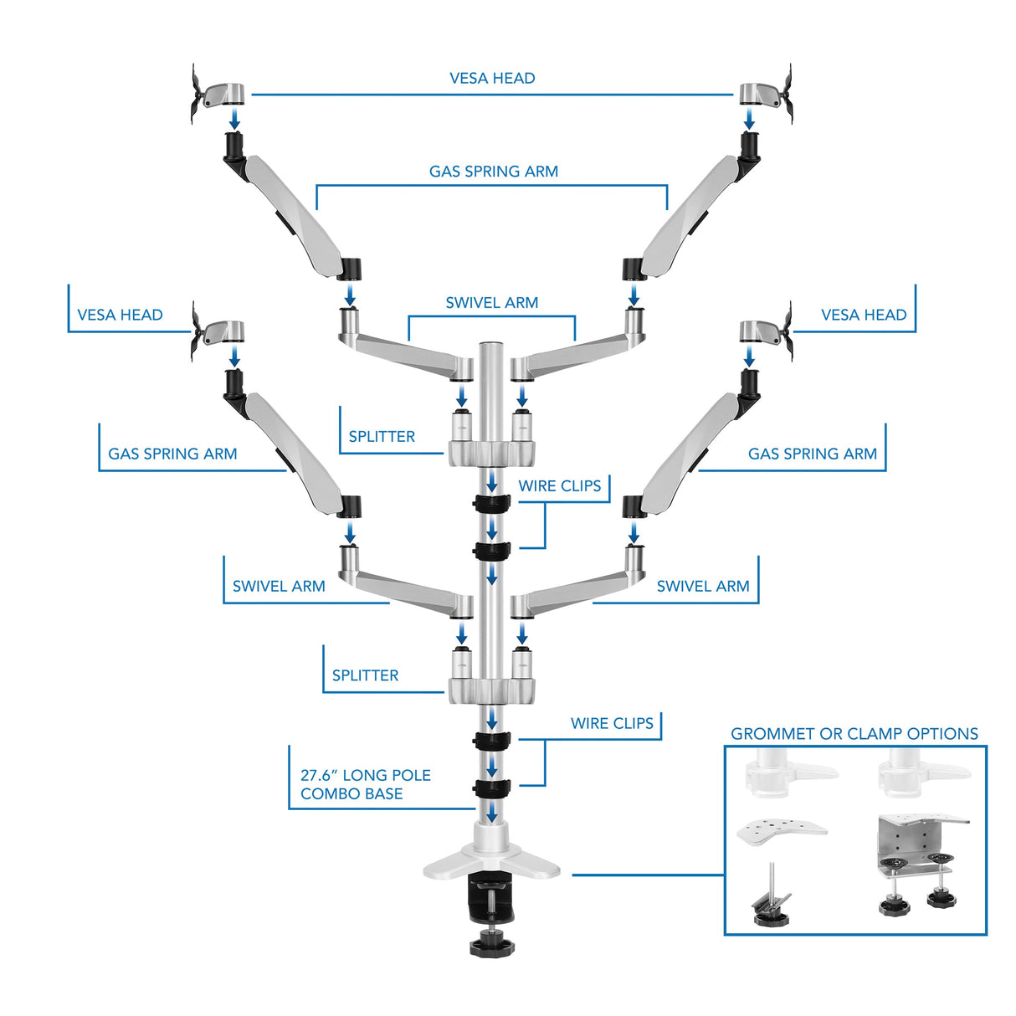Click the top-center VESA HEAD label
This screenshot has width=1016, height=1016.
point(492,79)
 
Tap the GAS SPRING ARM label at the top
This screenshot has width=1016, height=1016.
point(493,172)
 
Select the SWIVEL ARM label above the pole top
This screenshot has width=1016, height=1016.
point(491,303)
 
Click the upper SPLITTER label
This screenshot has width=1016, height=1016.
point(382,437)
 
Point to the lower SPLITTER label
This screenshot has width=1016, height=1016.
point(365,675)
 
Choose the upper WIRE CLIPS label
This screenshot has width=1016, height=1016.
point(559,486)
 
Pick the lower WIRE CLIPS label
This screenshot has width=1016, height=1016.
point(612,724)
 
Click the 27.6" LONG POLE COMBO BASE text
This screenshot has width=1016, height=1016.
point(365,785)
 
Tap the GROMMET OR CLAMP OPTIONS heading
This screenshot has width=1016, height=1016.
point(854,734)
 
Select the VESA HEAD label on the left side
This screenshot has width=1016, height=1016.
point(120,316)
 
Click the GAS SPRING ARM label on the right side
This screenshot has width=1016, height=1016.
point(812,454)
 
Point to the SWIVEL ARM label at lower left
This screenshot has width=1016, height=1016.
point(279,587)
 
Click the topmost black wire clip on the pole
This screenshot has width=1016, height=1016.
point(491,503)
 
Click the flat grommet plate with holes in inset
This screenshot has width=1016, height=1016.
point(781,830)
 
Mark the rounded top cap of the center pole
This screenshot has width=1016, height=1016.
point(491,344)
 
